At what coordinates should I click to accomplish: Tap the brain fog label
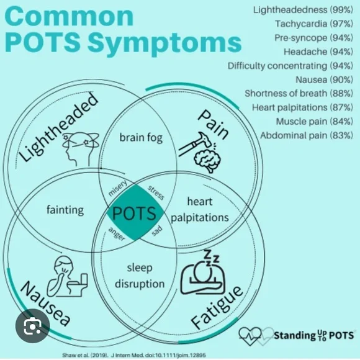(x=141, y=137)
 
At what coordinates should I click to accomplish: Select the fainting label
(x=65, y=209)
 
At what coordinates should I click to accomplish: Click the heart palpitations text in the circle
(x=200, y=209)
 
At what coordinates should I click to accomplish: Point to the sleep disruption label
(x=140, y=276)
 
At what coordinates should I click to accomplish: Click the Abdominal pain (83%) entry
(x=307, y=135)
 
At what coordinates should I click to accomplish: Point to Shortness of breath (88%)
(x=299, y=93)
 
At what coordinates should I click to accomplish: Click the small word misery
(x=118, y=189)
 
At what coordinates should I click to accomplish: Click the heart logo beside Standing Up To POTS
(x=255, y=336)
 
